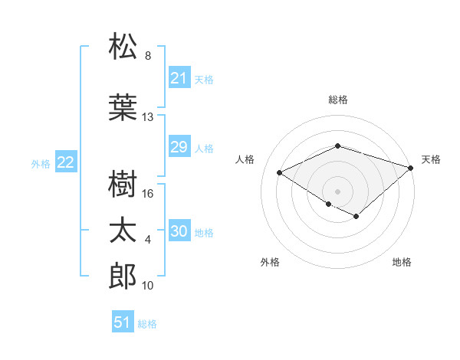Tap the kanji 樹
pyautogui.click(x=123, y=184)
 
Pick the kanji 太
pyautogui.click(x=123, y=231)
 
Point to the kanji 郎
pyautogui.click(x=123, y=277)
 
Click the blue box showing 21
pyautogui.click(x=179, y=78)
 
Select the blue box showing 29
pyautogui.click(x=179, y=147)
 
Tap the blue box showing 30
pyautogui.click(x=179, y=231)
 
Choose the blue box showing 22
pyautogui.click(x=66, y=162)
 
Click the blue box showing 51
pyautogui.click(x=123, y=322)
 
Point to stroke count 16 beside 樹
pyautogui.click(x=149, y=194)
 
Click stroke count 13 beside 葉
pyautogui.click(x=148, y=117)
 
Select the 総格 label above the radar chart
pyautogui.click(x=337, y=100)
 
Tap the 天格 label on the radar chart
pyautogui.click(x=431, y=159)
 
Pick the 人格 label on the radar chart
pyautogui.click(x=245, y=159)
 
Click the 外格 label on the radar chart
pyautogui.click(x=269, y=262)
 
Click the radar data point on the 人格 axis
pyautogui.click(x=280, y=172)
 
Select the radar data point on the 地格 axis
pyautogui.click(x=356, y=217)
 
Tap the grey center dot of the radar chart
pyautogui.click(x=337, y=190)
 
